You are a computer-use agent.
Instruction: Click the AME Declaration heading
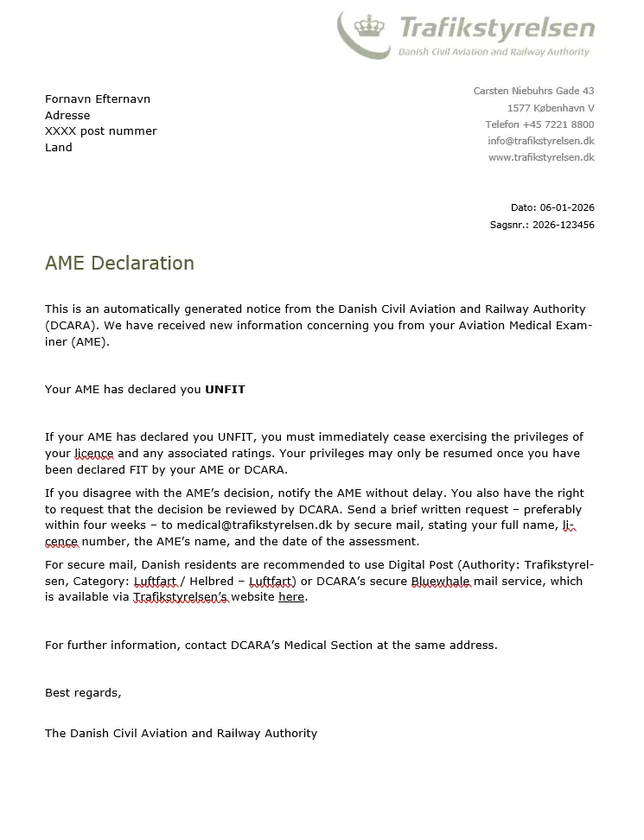coord(119,263)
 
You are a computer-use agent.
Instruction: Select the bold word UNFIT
coord(225,390)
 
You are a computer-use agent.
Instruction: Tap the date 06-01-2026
coord(567,207)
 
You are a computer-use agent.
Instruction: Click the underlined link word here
coord(291,597)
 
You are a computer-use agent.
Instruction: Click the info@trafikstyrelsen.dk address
coord(540,141)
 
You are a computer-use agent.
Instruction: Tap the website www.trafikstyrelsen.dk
coord(541,157)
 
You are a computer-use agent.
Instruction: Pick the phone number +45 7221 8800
coord(558,124)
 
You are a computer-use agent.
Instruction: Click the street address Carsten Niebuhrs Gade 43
coord(533,91)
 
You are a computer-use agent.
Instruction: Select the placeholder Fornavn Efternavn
coord(98,99)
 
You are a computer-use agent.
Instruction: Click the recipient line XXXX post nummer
coord(101,131)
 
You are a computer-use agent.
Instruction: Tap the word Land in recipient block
coord(59,148)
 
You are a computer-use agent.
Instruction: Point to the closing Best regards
coord(83,693)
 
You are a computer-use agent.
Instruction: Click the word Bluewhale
coord(441,582)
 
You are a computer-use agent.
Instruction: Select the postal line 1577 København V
coord(551,108)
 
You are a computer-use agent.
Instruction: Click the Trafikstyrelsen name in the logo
coord(497,29)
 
